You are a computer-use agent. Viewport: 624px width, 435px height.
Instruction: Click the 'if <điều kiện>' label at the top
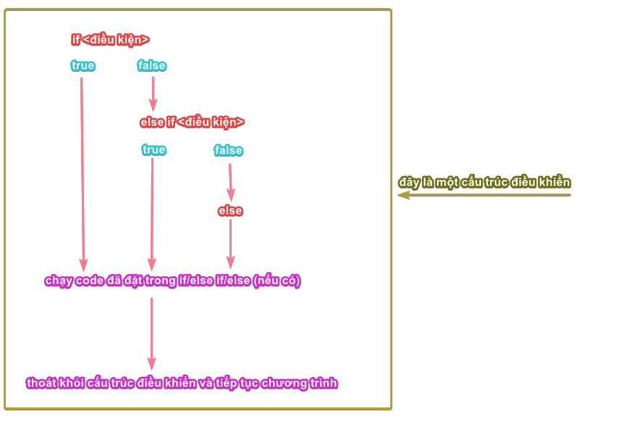point(110,40)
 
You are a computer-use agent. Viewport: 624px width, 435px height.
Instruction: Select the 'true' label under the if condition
point(83,65)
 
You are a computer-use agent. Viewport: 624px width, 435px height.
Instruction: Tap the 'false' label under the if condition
point(152,65)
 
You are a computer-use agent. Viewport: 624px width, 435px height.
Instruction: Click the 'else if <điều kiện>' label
point(192,122)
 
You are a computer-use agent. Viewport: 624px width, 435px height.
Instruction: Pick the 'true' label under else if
point(154,149)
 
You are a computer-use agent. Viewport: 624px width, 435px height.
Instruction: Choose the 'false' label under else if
point(229,150)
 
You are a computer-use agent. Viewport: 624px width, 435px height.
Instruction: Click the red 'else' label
point(230,210)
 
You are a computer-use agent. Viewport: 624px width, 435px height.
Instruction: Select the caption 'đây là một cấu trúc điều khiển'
point(484,182)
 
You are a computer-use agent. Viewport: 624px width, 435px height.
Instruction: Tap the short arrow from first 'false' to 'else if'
point(153,93)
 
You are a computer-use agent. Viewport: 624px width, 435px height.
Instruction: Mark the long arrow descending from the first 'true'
point(83,174)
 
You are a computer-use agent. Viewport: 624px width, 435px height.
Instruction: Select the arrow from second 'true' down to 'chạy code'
point(152,214)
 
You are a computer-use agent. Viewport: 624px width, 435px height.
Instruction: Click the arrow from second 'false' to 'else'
point(230,181)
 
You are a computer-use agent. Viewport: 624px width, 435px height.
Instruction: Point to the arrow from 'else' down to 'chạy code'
point(230,243)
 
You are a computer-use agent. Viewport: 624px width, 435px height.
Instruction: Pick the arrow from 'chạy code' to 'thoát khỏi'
point(151,333)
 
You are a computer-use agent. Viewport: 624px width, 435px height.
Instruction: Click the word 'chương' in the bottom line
point(284,383)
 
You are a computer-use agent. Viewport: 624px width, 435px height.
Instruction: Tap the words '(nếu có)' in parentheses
point(277,281)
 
